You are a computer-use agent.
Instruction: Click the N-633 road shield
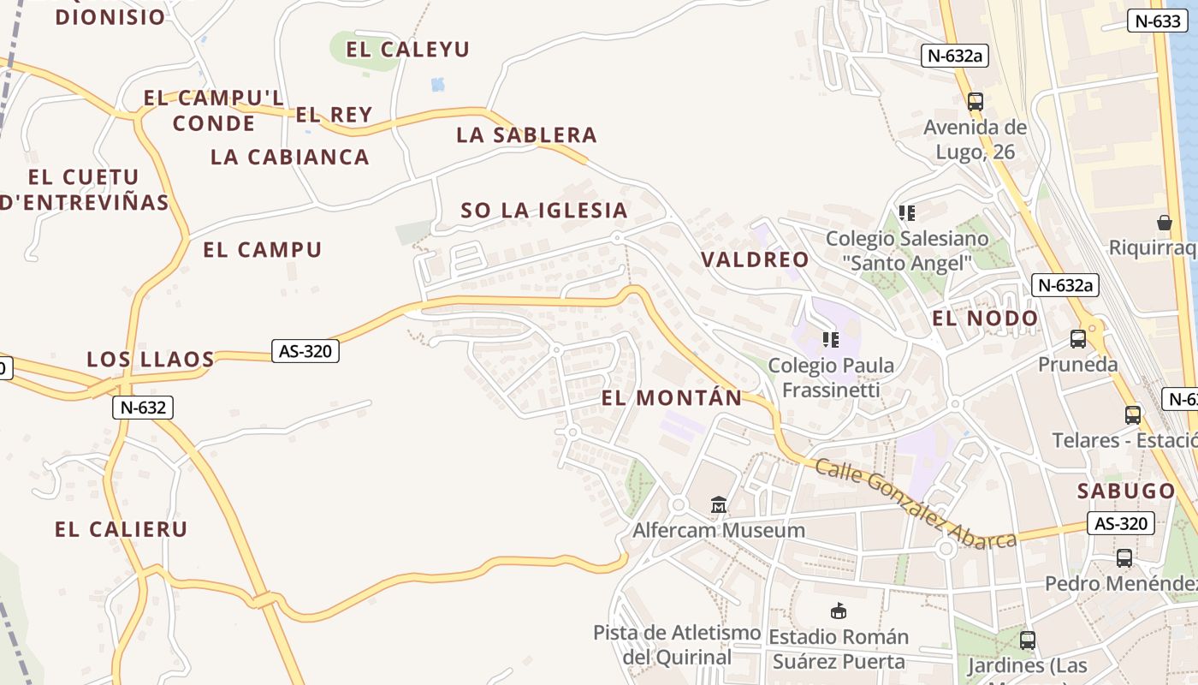click(x=1157, y=21)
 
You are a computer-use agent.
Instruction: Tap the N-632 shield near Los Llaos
click(x=143, y=408)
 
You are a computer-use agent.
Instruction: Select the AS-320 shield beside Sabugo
click(x=1121, y=523)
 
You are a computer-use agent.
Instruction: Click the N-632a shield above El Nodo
click(x=1065, y=285)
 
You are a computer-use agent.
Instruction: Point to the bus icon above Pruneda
click(x=1078, y=339)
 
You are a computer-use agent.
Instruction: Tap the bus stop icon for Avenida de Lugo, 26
click(x=975, y=102)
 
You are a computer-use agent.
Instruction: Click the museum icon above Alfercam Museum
click(x=718, y=505)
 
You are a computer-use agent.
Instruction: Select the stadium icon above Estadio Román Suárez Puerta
click(x=839, y=611)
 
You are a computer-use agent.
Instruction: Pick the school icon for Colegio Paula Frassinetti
click(x=830, y=340)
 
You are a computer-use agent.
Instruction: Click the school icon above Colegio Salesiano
click(x=907, y=212)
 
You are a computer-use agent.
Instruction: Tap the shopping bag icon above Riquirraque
click(x=1164, y=223)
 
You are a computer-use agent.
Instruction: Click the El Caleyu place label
click(x=407, y=50)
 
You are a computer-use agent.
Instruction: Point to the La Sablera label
click(x=526, y=135)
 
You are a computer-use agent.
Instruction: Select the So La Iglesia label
click(x=544, y=211)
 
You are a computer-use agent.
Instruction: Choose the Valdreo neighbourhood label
click(x=755, y=260)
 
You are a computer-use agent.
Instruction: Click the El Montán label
click(x=672, y=398)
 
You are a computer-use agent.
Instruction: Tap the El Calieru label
click(x=121, y=529)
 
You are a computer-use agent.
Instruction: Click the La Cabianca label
click(x=290, y=158)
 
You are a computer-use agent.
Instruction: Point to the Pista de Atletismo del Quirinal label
click(x=677, y=645)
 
